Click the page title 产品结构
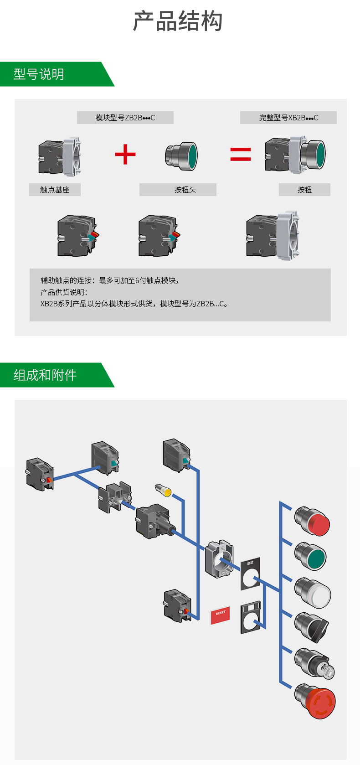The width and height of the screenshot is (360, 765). (178, 21)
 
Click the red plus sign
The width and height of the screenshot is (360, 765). (125, 154)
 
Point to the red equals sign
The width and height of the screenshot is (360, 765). (240, 154)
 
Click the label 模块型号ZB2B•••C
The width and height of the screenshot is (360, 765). (125, 118)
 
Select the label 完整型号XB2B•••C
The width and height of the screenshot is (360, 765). (288, 118)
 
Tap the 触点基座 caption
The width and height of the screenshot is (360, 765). (55, 190)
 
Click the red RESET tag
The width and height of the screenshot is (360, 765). (220, 615)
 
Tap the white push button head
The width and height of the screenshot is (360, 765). (314, 593)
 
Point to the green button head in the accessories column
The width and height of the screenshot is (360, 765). (313, 557)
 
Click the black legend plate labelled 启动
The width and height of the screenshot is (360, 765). (250, 574)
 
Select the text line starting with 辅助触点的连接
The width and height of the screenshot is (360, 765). (109, 280)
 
